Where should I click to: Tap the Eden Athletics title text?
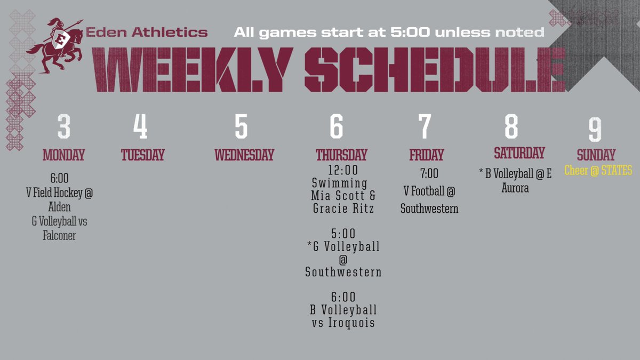tap(147, 33)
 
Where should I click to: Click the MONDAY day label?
tap(64, 155)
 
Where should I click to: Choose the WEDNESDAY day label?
tap(244, 155)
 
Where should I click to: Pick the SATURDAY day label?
tap(519, 154)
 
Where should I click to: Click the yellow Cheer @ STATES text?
tap(598, 171)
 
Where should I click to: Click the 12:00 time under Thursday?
tap(343, 171)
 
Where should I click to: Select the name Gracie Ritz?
tap(343, 209)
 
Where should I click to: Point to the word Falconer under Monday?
tap(59, 235)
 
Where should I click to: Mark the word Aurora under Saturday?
tap(515, 188)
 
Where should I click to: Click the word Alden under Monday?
tap(59, 207)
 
